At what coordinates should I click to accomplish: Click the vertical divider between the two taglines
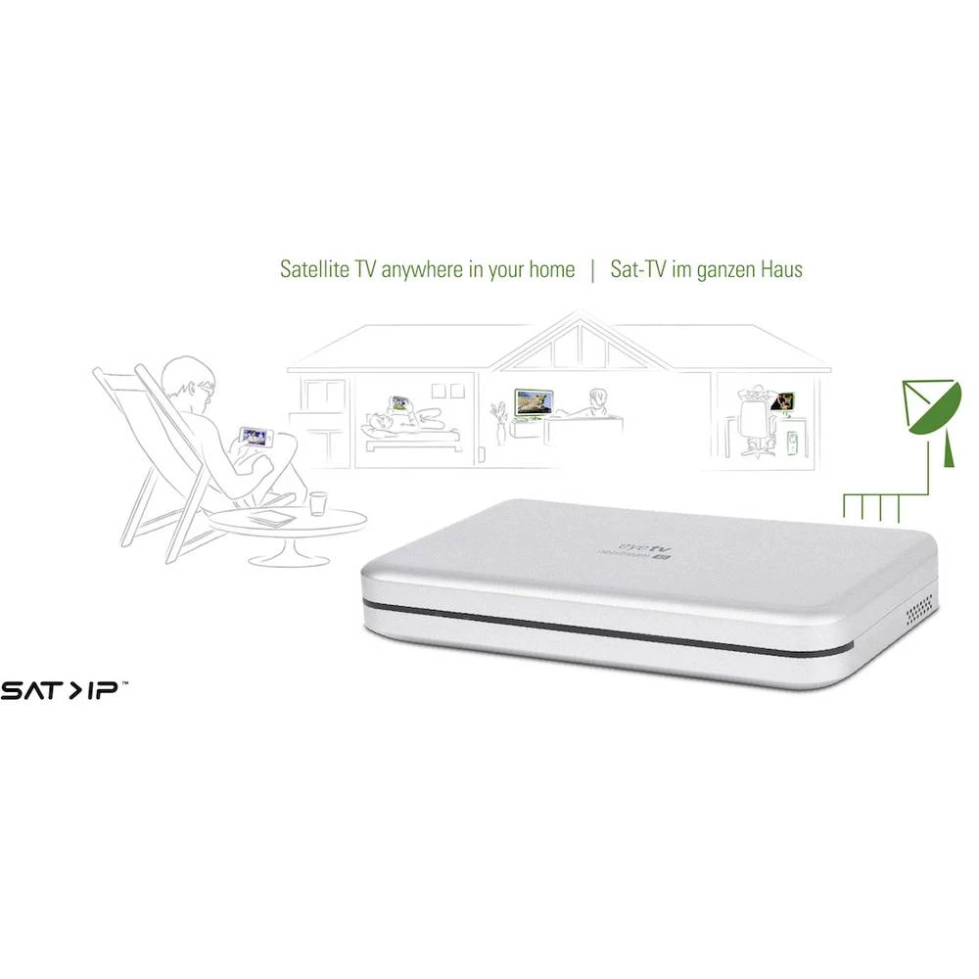point(592,270)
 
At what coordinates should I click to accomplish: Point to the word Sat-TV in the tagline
point(639,269)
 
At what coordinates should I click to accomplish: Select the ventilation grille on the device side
point(920,610)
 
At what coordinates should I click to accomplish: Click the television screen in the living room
point(535,401)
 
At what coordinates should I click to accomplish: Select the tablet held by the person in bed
point(399,402)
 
